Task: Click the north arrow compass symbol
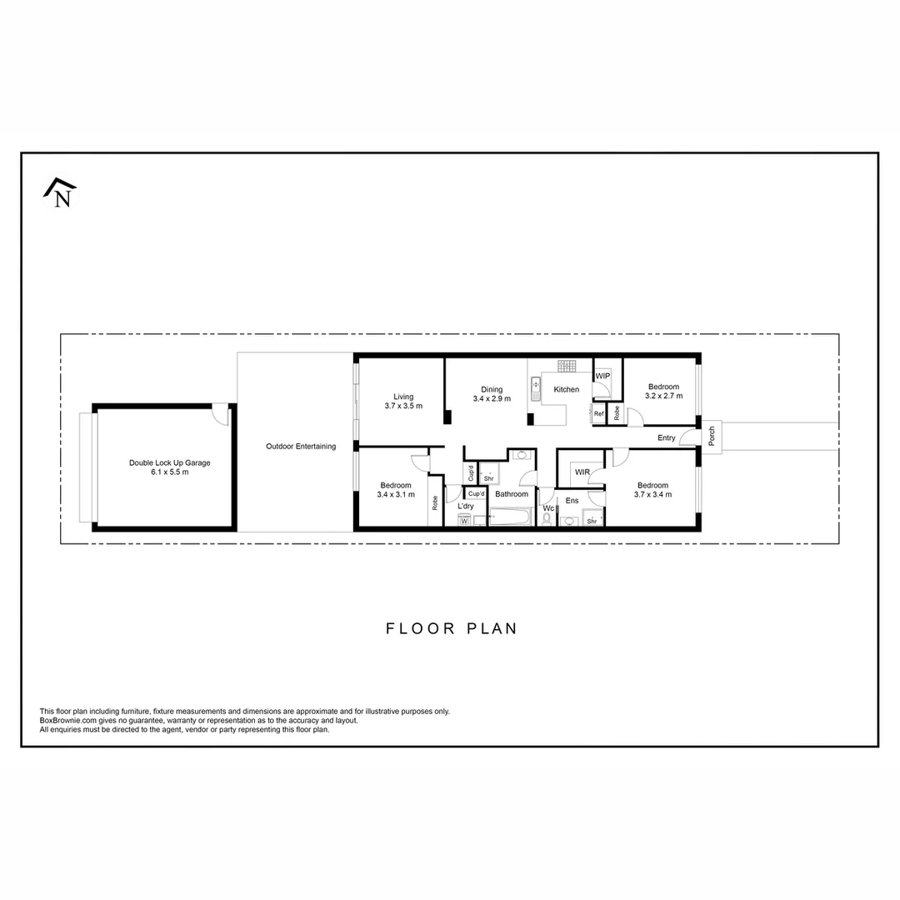pyautogui.click(x=60, y=193)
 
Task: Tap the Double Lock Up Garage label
pyautogui.click(x=170, y=462)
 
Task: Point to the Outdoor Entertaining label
pyautogui.click(x=301, y=447)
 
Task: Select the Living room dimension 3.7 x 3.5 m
pyautogui.click(x=403, y=407)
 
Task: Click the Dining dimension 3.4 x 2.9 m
pyautogui.click(x=492, y=399)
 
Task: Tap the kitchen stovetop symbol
pyautogui.click(x=567, y=366)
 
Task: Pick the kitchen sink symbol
pyautogui.click(x=536, y=389)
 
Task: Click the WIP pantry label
pyautogui.click(x=603, y=377)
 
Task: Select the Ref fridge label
pyautogui.click(x=598, y=414)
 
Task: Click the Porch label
pyautogui.click(x=712, y=437)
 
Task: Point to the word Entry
pyautogui.click(x=666, y=437)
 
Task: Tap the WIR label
pyautogui.click(x=582, y=472)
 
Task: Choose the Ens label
pyautogui.click(x=572, y=501)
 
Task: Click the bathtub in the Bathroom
pyautogui.click(x=509, y=518)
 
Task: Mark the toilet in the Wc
pyautogui.click(x=547, y=519)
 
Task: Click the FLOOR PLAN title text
pyautogui.click(x=452, y=628)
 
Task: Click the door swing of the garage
pyautogui.click(x=219, y=412)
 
